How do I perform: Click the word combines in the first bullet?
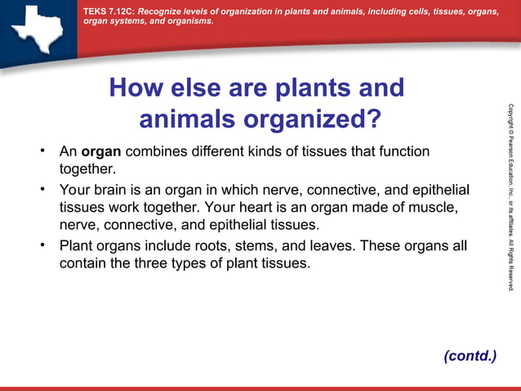(156, 152)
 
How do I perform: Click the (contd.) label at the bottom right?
(470, 355)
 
